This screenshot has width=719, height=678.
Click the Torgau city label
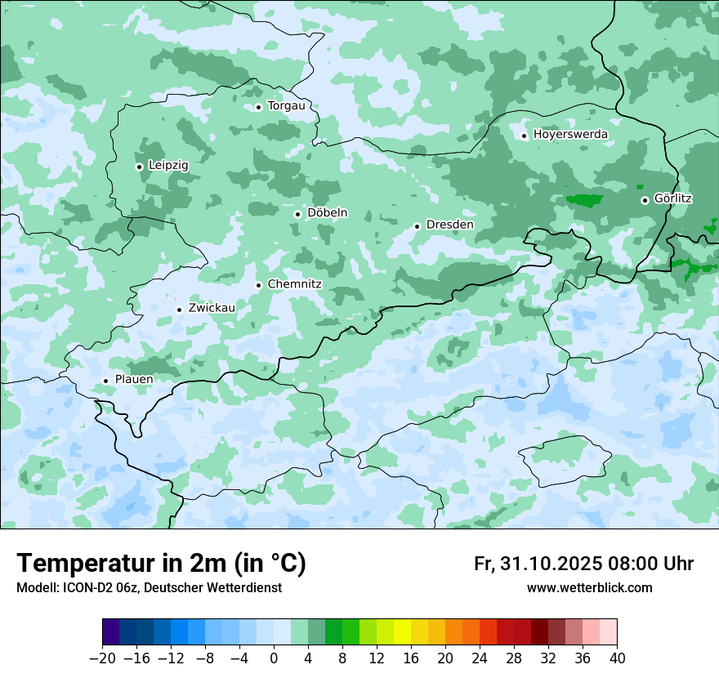tap(286, 106)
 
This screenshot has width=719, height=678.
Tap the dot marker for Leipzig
tap(139, 167)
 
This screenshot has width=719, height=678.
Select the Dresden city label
tap(449, 225)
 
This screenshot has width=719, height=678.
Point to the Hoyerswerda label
tap(570, 135)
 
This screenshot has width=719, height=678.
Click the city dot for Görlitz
tap(645, 199)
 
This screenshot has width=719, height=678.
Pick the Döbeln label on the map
tap(327, 213)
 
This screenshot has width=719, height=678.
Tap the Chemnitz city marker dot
tap(259, 285)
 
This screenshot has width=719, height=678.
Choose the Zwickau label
tap(212, 308)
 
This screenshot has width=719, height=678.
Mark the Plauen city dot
tap(105, 381)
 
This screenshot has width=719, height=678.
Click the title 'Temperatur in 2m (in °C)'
tap(161, 564)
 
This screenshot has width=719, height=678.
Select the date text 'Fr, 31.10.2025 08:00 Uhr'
tap(583, 564)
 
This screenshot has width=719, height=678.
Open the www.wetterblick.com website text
tap(589, 588)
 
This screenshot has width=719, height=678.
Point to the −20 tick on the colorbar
tap(103, 658)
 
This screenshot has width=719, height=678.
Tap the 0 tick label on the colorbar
tap(274, 658)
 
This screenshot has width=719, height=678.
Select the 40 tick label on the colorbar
tap(617, 658)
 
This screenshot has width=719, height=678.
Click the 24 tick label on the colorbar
tap(480, 658)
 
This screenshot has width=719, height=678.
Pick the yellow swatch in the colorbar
tap(402, 632)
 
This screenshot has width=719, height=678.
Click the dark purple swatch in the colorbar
tap(111, 632)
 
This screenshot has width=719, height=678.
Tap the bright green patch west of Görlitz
tap(584, 200)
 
